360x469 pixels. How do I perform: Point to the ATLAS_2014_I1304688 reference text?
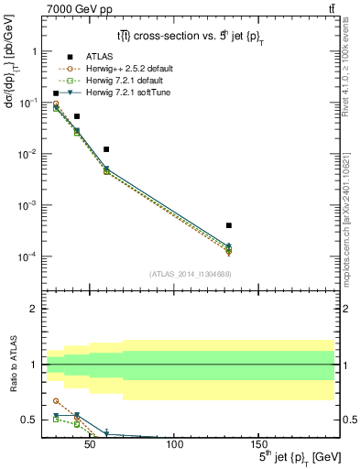[189, 274]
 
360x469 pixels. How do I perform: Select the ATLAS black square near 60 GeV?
[106, 149]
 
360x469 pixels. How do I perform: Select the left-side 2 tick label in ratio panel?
[34, 310]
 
